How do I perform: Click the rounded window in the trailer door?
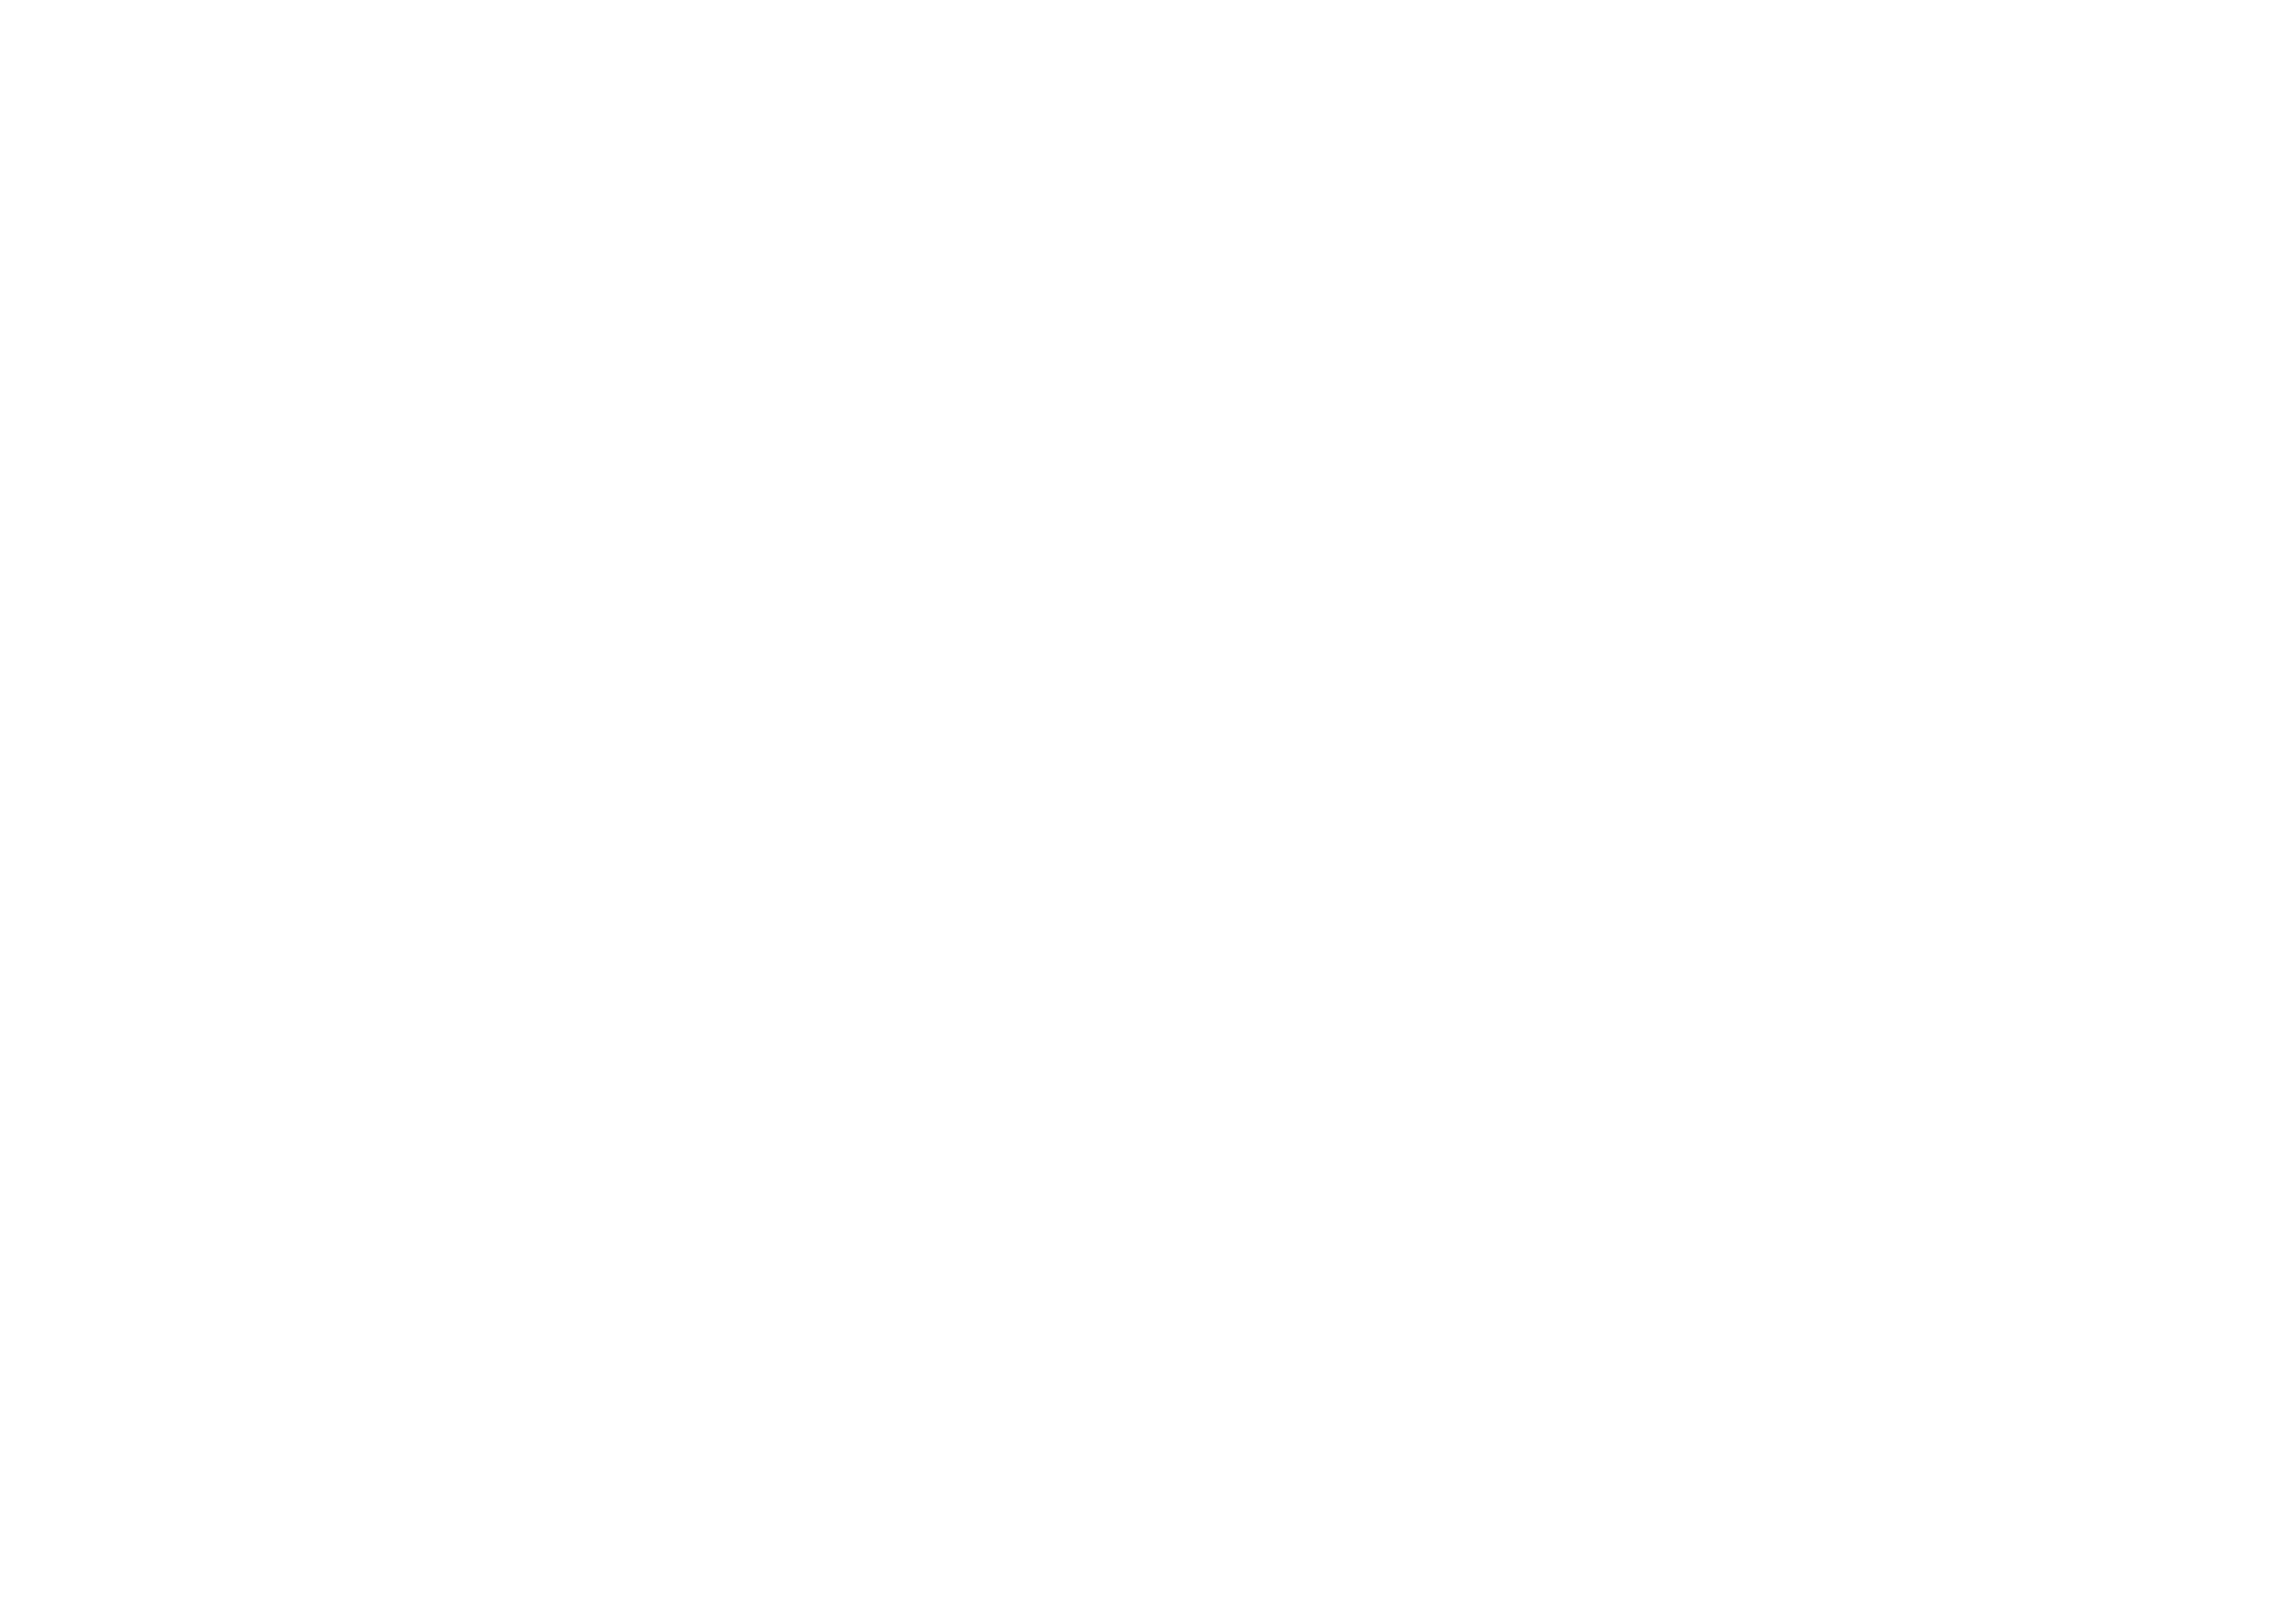click(x=530, y=564)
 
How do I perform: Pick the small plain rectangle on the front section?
click(x=1582, y=759)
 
